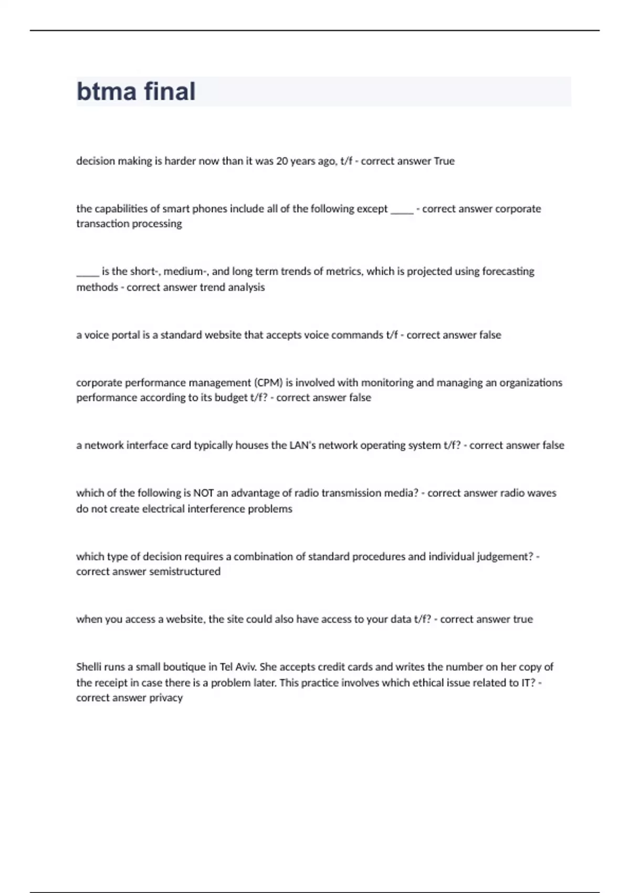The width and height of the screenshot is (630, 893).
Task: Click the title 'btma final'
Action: (136, 91)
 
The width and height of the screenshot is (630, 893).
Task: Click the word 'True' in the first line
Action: (444, 161)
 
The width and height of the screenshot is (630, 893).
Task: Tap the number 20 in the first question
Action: (282, 161)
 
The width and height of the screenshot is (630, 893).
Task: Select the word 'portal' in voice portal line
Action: (125, 335)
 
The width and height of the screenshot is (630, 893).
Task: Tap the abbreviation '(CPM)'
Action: (268, 382)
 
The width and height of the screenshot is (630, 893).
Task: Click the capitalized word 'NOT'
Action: (204, 493)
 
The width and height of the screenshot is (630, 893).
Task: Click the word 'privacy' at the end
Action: (166, 698)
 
